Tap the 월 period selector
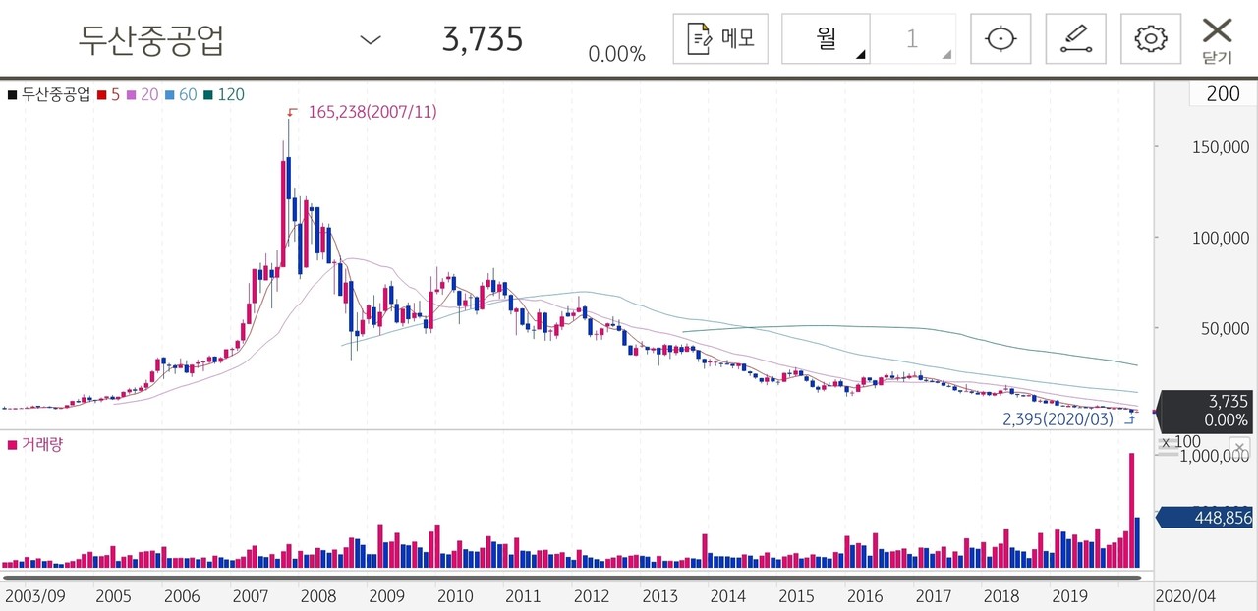(826, 39)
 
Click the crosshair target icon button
(1001, 39)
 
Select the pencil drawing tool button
(1075, 39)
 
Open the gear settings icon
(1150, 39)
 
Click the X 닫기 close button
(1217, 39)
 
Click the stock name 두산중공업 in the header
(151, 39)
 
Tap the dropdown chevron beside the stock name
(370, 39)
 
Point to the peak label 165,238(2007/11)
(372, 112)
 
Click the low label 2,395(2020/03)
(1058, 418)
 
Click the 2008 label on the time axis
(317, 596)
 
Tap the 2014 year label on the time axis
(727, 596)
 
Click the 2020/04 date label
(1186, 596)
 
